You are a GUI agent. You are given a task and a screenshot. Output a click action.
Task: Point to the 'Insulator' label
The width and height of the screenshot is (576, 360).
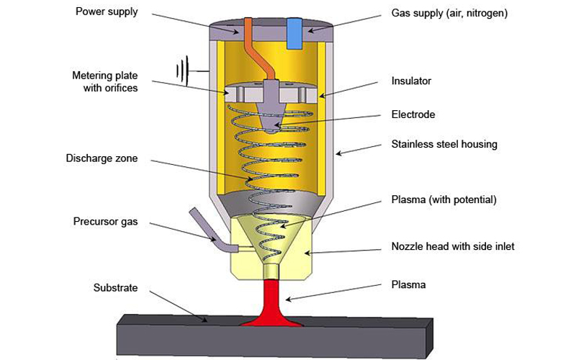click(411, 81)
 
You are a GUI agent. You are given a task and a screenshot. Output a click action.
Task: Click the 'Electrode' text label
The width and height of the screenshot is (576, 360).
click(413, 114)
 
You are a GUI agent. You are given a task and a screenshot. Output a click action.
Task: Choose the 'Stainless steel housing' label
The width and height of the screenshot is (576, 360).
click(444, 145)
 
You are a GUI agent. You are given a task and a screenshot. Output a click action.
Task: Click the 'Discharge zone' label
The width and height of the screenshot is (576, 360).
click(102, 158)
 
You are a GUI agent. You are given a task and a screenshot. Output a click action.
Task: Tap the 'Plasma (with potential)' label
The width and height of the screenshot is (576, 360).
click(444, 199)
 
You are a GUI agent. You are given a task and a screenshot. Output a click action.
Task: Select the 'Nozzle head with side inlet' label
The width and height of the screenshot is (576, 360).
click(453, 246)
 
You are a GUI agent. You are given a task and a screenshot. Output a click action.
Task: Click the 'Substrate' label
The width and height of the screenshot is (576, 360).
click(114, 288)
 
